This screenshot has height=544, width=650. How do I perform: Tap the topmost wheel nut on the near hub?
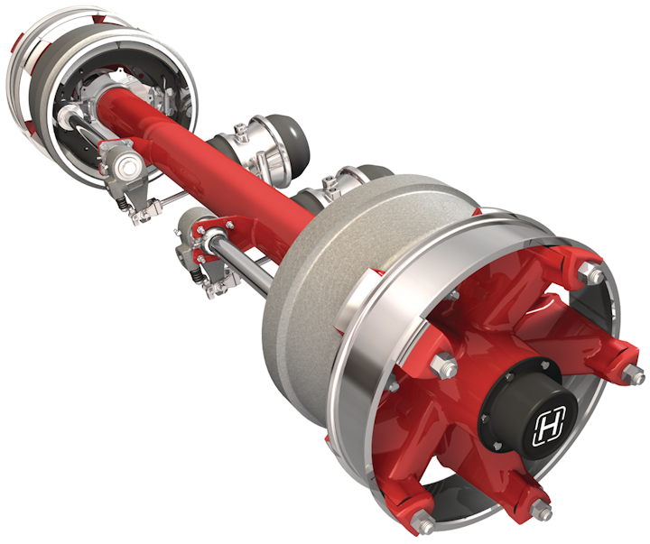[592, 272]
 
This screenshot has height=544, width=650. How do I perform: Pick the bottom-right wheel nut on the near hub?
[543, 512]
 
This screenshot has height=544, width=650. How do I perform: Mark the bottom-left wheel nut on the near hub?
[422, 521]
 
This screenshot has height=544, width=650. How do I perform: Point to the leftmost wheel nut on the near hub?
[445, 365]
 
